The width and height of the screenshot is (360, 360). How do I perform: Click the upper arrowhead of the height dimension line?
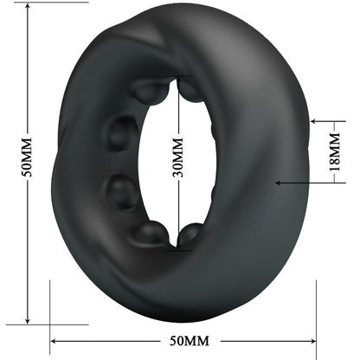pyautogui.click(x=29, y=11)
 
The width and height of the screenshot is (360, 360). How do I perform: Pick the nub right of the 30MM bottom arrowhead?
pyautogui.click(x=193, y=234)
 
